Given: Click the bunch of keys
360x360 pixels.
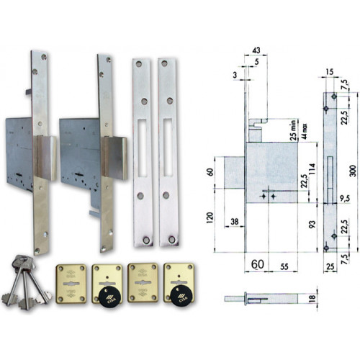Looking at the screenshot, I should [x=22, y=285].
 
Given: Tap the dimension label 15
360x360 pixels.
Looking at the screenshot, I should [x=329, y=72].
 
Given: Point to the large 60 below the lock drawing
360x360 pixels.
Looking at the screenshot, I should [x=257, y=266].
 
